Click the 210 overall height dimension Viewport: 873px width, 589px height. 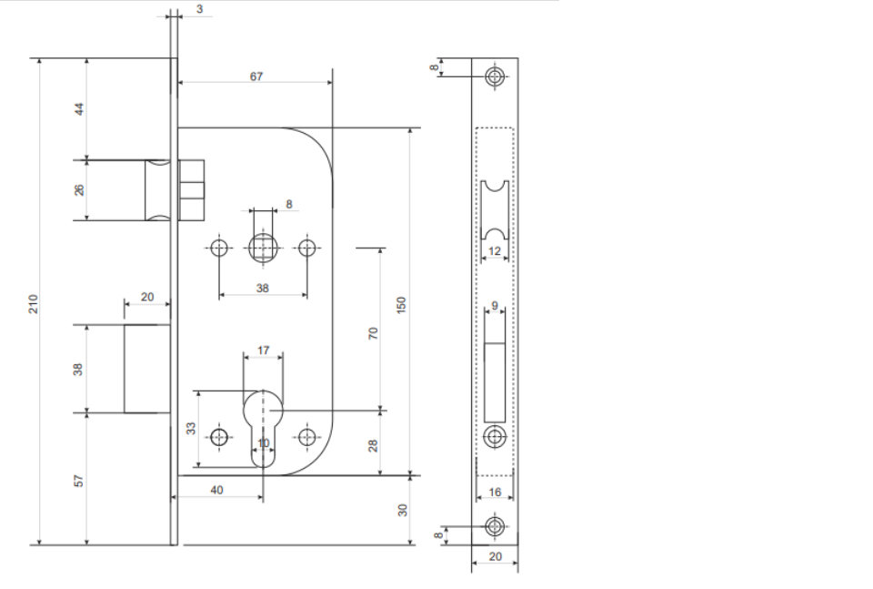click(x=34, y=304)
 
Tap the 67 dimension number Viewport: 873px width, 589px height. click(x=256, y=76)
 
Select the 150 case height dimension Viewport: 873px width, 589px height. click(x=401, y=305)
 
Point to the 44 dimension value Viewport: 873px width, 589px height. click(x=80, y=108)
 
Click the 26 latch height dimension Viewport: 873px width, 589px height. click(x=80, y=189)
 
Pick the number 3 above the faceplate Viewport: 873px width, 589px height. click(x=199, y=9)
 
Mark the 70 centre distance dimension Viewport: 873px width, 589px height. click(x=373, y=333)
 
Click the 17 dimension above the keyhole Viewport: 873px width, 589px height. click(x=264, y=350)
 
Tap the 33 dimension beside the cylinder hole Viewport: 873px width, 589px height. click(x=191, y=428)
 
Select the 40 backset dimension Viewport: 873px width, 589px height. click(x=216, y=490)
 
